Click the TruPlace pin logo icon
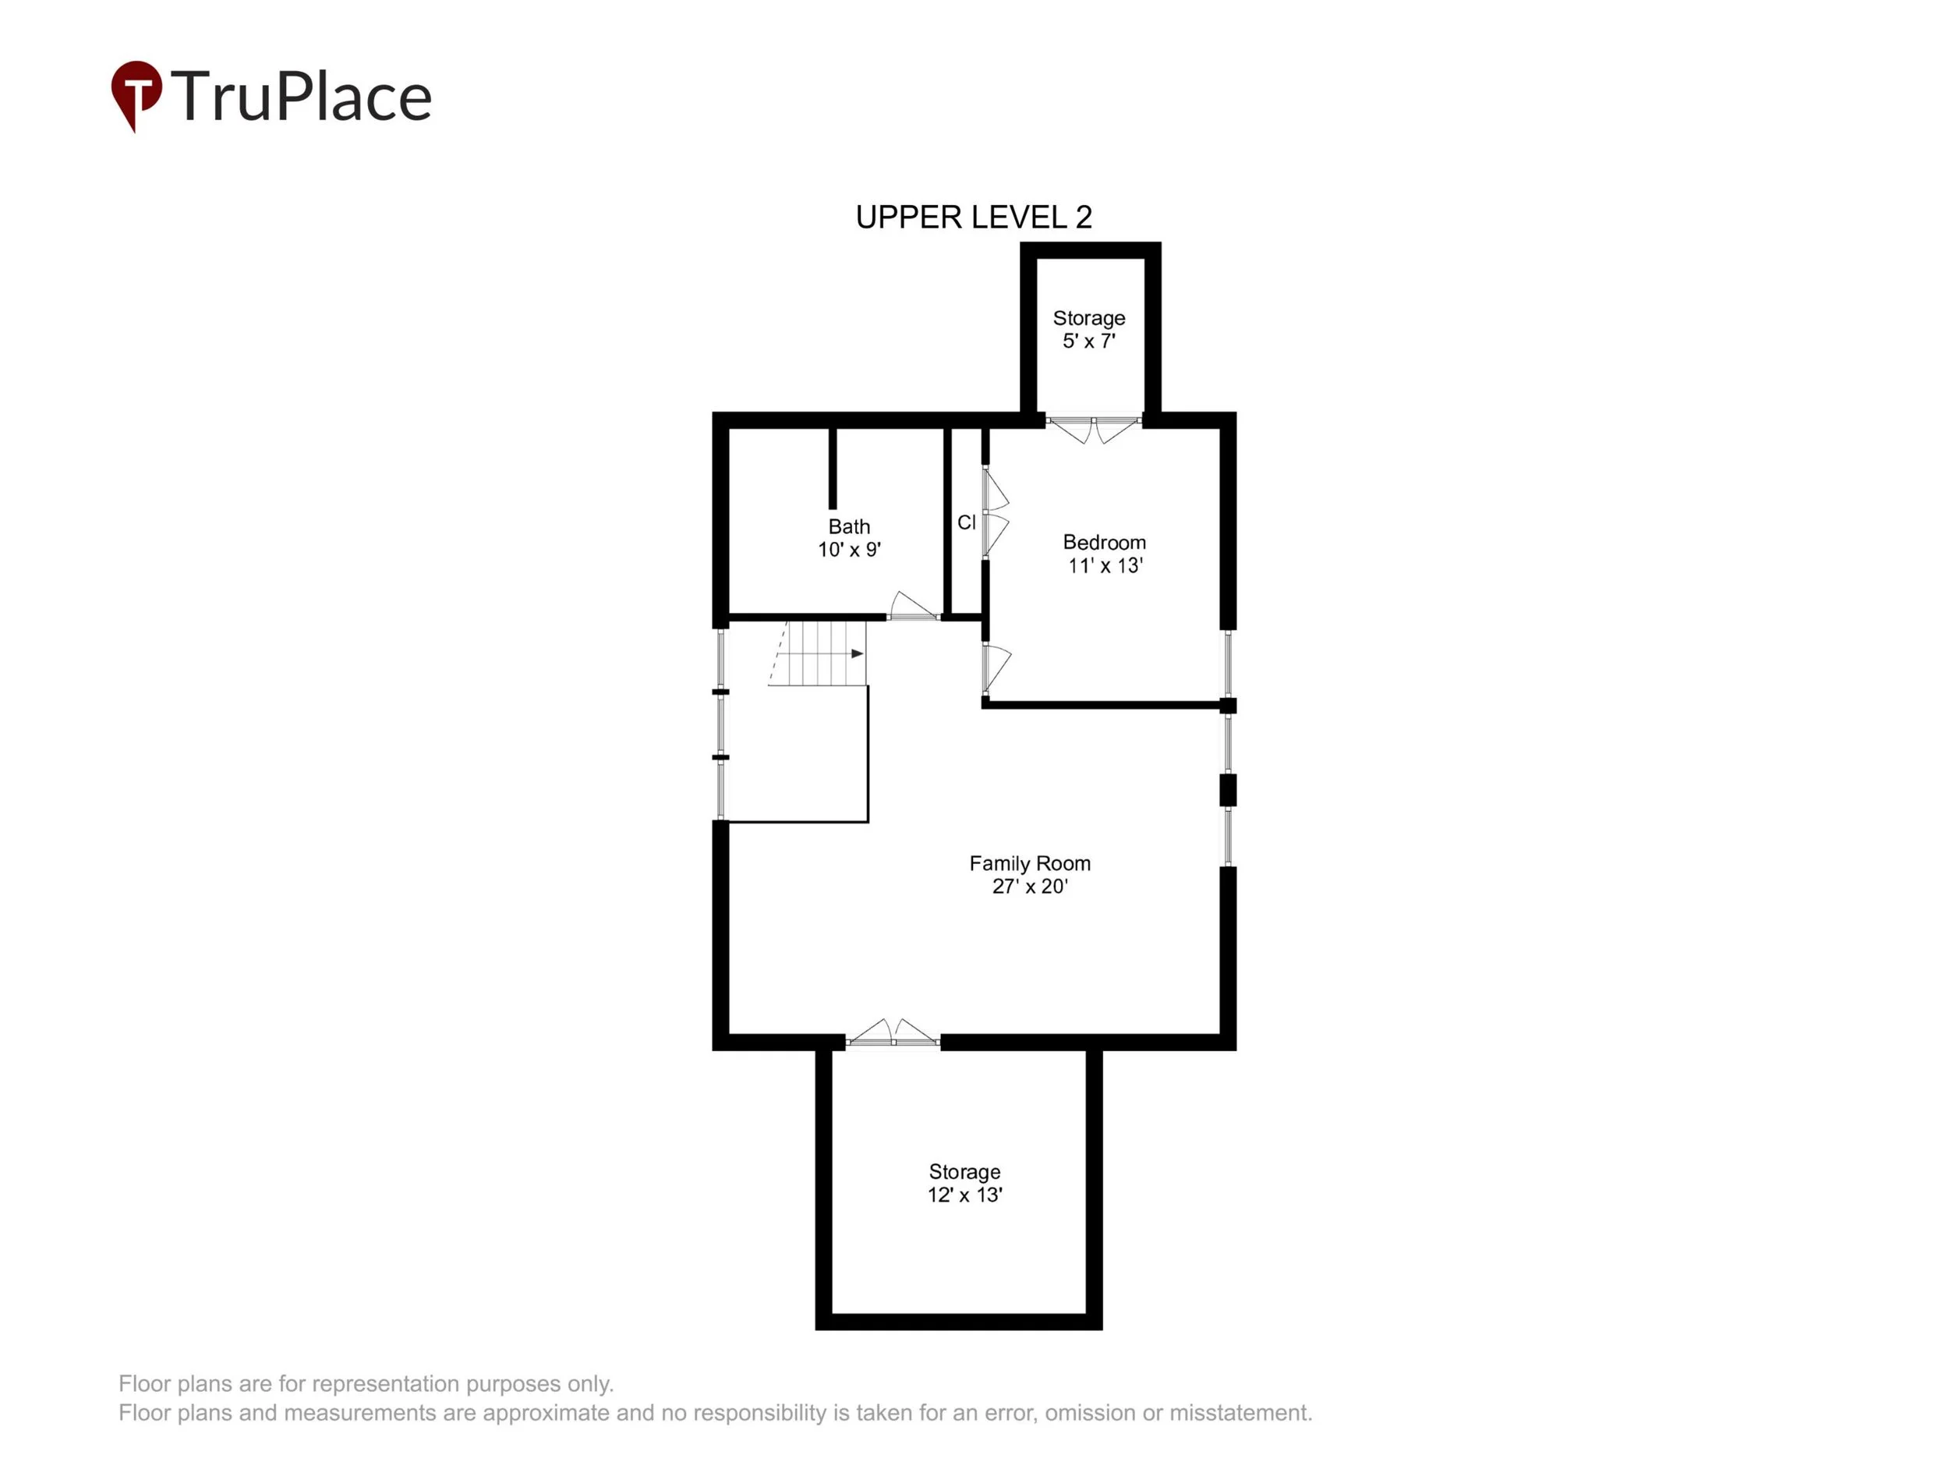click(x=136, y=93)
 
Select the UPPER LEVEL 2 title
click(x=974, y=217)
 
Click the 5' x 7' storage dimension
click(x=1088, y=341)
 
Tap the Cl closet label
click(x=967, y=522)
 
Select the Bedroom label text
click(x=1104, y=542)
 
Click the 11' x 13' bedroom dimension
click(x=1105, y=566)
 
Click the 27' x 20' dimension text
click(x=1029, y=887)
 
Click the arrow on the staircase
click(x=857, y=654)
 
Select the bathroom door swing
click(x=912, y=607)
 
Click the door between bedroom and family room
click(x=996, y=668)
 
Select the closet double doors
click(x=995, y=513)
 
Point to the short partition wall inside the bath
click(x=832, y=468)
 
